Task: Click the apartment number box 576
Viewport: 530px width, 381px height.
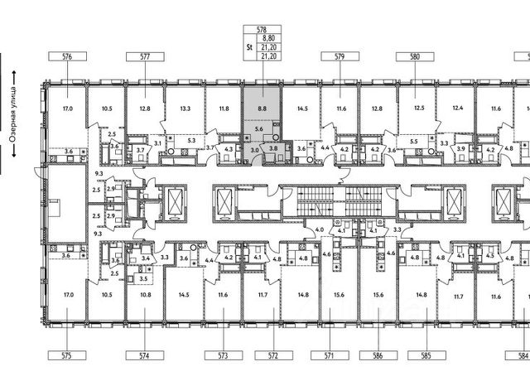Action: coord(68,57)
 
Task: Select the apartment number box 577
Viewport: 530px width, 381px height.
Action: coord(144,57)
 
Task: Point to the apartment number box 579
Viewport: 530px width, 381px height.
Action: coord(339,57)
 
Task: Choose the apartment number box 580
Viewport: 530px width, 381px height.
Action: coord(415,57)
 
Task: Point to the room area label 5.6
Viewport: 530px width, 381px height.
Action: coord(258,129)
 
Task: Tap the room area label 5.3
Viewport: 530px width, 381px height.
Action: coord(191,141)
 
